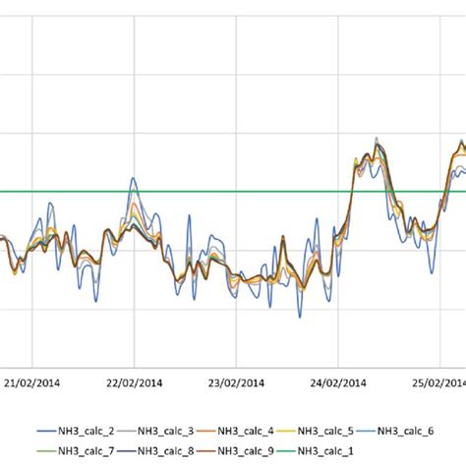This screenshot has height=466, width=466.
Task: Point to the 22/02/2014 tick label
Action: coord(134,382)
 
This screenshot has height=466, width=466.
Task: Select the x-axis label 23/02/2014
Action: coord(236,382)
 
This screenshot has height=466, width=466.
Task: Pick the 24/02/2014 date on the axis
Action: coord(338,382)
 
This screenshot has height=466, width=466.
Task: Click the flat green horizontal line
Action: coord(197,192)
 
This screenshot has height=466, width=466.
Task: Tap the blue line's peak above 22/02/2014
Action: coord(134,179)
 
